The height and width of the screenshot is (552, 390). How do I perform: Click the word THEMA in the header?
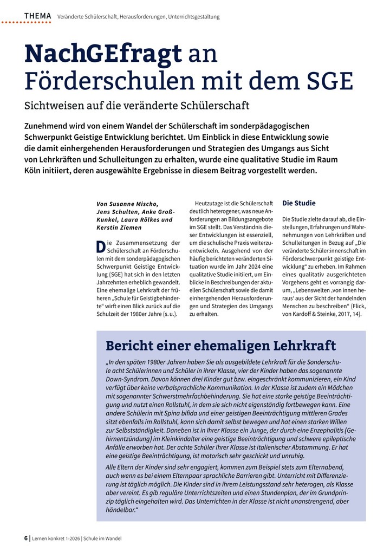[x=37, y=16]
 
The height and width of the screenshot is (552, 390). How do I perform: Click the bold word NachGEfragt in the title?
[x=103, y=54]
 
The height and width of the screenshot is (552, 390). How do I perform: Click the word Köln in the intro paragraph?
[x=36, y=171]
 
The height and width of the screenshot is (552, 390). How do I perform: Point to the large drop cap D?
[x=101, y=246]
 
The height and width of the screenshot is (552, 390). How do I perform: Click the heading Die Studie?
[x=299, y=203]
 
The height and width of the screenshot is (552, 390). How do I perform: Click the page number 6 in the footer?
[x=26, y=538]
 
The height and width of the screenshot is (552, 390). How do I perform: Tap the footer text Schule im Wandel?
[x=102, y=538]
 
